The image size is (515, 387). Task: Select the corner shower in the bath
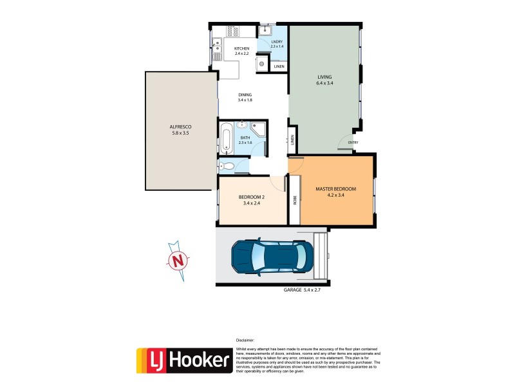pos(259,132)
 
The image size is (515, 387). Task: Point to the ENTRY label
pos(353,143)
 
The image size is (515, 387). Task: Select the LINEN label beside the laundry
pos(279,66)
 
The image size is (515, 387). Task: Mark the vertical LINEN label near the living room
pos(292,139)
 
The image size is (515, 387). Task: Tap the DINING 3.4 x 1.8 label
pos(244,97)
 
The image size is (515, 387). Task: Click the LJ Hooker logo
pos(183,359)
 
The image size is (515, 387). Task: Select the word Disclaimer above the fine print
pos(245,340)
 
